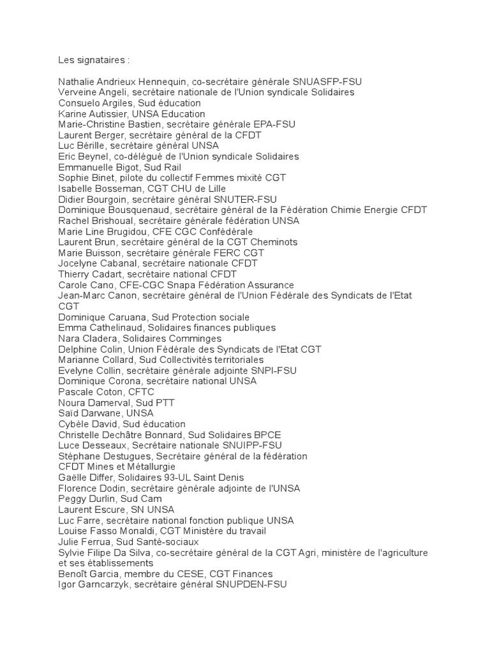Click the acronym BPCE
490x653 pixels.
(x=258, y=435)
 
